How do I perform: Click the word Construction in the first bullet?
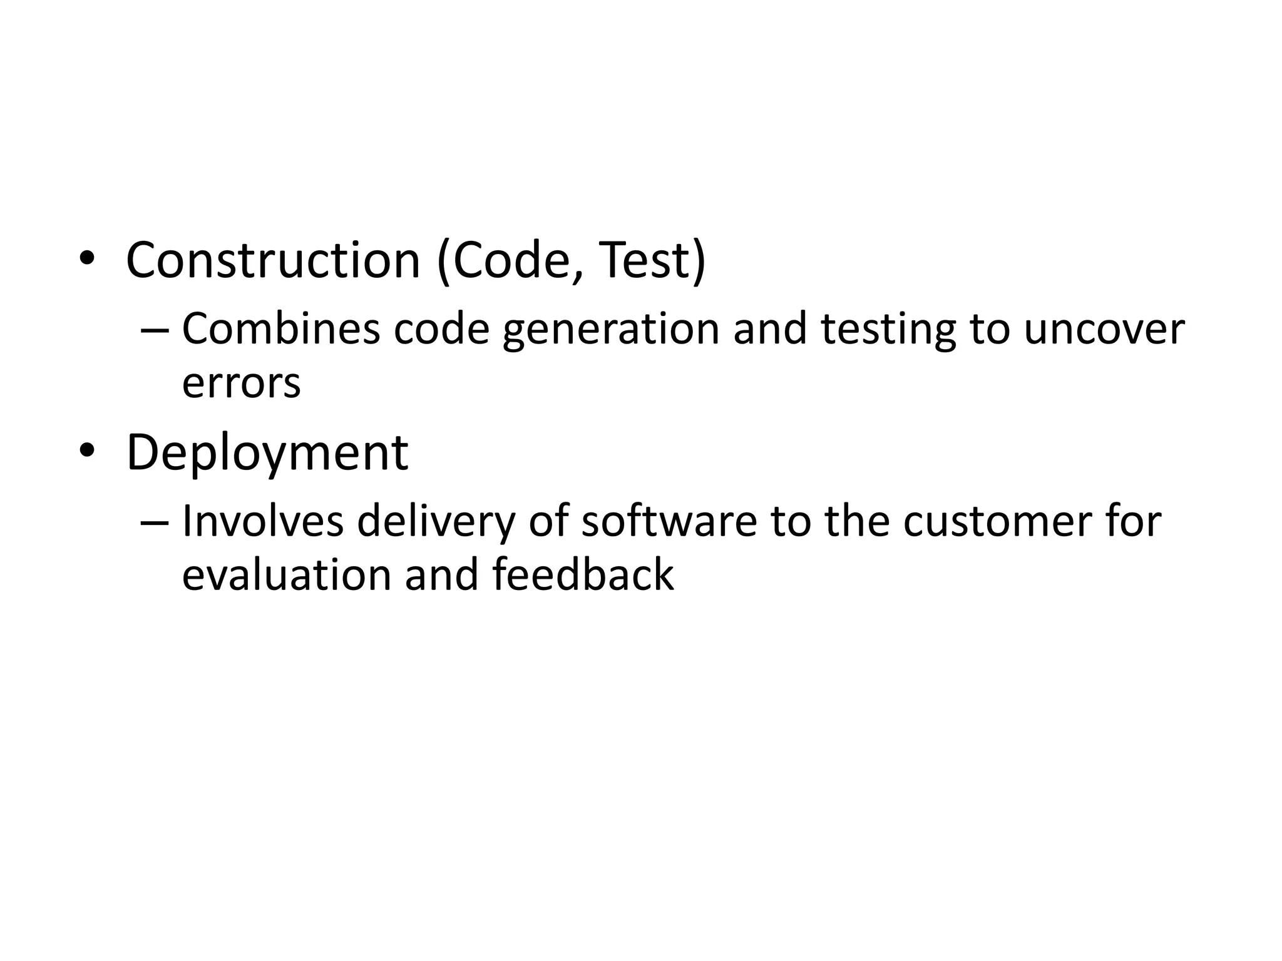coord(273,260)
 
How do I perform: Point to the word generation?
coord(611,330)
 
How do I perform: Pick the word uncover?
coord(1104,330)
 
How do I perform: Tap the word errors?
coord(241,383)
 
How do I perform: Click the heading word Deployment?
coord(267,453)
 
